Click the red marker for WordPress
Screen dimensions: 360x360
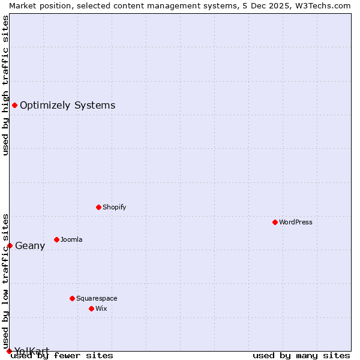point(275,222)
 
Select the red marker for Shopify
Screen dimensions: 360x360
point(98,207)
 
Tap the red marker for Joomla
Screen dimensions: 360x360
point(56,239)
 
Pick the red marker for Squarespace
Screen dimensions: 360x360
point(72,298)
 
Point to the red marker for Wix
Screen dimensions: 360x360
point(91,308)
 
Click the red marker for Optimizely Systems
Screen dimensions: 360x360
point(14,106)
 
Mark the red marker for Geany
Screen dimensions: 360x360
point(10,245)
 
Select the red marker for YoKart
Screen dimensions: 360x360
point(9,351)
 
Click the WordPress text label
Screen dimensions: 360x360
point(296,222)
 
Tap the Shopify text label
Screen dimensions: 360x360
point(114,207)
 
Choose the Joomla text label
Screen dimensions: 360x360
point(71,239)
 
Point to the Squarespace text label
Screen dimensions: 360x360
point(97,298)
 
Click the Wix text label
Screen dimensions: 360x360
point(101,308)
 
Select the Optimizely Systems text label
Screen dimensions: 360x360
point(67,106)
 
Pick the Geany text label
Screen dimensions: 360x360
point(30,245)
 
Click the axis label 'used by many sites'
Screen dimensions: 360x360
point(301,355)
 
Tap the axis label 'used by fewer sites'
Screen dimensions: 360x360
point(62,355)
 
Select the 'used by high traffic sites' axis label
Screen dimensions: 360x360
point(5,85)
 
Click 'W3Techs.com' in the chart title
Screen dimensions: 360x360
point(326,5)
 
